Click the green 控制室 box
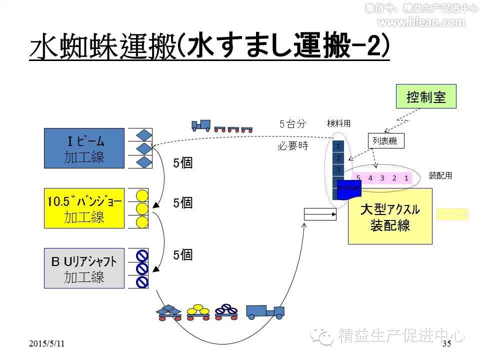click(x=426, y=96)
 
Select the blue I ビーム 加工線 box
click(x=84, y=148)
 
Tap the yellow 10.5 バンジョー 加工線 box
click(x=84, y=208)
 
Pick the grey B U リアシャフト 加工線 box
click(x=84, y=268)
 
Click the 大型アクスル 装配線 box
click(x=390, y=216)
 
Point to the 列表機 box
click(x=385, y=141)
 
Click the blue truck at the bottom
click(x=264, y=311)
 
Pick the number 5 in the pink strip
click(x=358, y=177)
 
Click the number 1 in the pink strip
click(x=406, y=177)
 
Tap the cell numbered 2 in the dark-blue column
click(x=338, y=158)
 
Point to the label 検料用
click(x=339, y=123)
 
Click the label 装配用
click(x=440, y=175)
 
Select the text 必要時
click(x=293, y=146)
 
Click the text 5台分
click(x=292, y=123)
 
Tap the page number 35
click(x=447, y=343)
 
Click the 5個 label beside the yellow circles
click(x=183, y=203)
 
